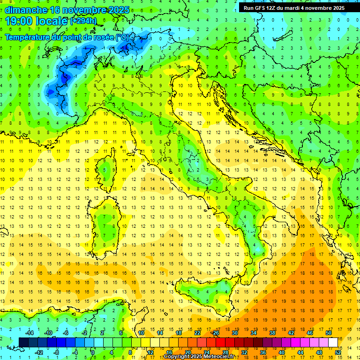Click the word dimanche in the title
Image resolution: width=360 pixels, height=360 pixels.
[x=26, y=9]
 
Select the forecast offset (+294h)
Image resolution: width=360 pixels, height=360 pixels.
[x=83, y=21]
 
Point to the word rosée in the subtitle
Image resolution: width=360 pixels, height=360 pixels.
[x=98, y=37]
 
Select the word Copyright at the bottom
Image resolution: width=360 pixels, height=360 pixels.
[x=177, y=357]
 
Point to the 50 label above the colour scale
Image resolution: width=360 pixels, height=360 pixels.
[x=329, y=333]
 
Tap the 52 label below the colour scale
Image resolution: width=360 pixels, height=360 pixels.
[x=337, y=352]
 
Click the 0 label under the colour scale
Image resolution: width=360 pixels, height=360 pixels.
[x=93, y=352]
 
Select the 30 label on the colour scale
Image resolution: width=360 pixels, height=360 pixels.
[x=234, y=333]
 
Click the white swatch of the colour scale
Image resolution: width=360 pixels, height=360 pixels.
[x=333, y=342]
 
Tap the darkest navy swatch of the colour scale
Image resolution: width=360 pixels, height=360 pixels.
[x=23, y=342]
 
